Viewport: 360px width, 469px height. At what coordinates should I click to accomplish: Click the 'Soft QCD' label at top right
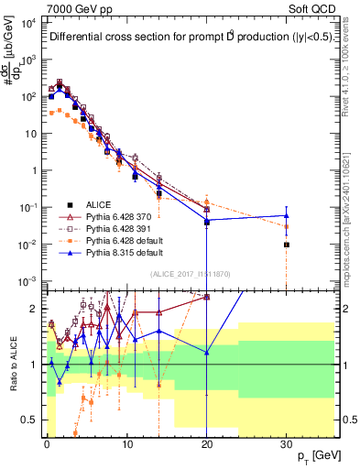[x=314, y=8]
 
